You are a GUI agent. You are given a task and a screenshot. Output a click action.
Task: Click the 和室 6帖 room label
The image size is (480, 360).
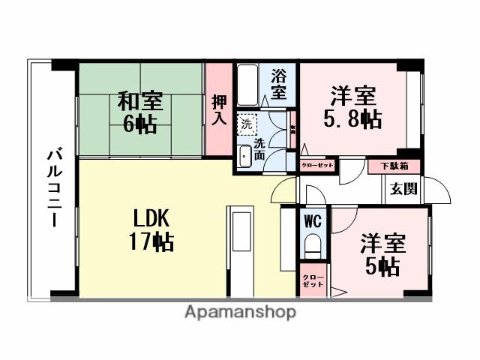click(139, 112)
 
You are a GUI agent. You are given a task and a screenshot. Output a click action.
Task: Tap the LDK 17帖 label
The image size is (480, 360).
click(154, 229)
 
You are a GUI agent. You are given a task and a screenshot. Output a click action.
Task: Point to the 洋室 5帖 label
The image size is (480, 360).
click(382, 255)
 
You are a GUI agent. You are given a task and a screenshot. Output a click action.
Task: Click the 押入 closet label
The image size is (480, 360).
click(219, 110)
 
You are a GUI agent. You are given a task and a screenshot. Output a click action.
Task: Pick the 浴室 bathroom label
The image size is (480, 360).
click(278, 84)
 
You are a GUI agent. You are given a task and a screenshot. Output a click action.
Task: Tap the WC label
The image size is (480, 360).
click(312, 222)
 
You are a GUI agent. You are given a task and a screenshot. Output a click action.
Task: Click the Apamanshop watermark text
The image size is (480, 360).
click(240, 312)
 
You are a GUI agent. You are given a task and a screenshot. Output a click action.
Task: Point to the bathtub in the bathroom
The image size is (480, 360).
click(248, 86)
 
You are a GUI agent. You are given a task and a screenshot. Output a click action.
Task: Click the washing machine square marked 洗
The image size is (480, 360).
click(247, 122)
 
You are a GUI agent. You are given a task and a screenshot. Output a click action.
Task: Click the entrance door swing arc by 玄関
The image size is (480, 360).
click(439, 192)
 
